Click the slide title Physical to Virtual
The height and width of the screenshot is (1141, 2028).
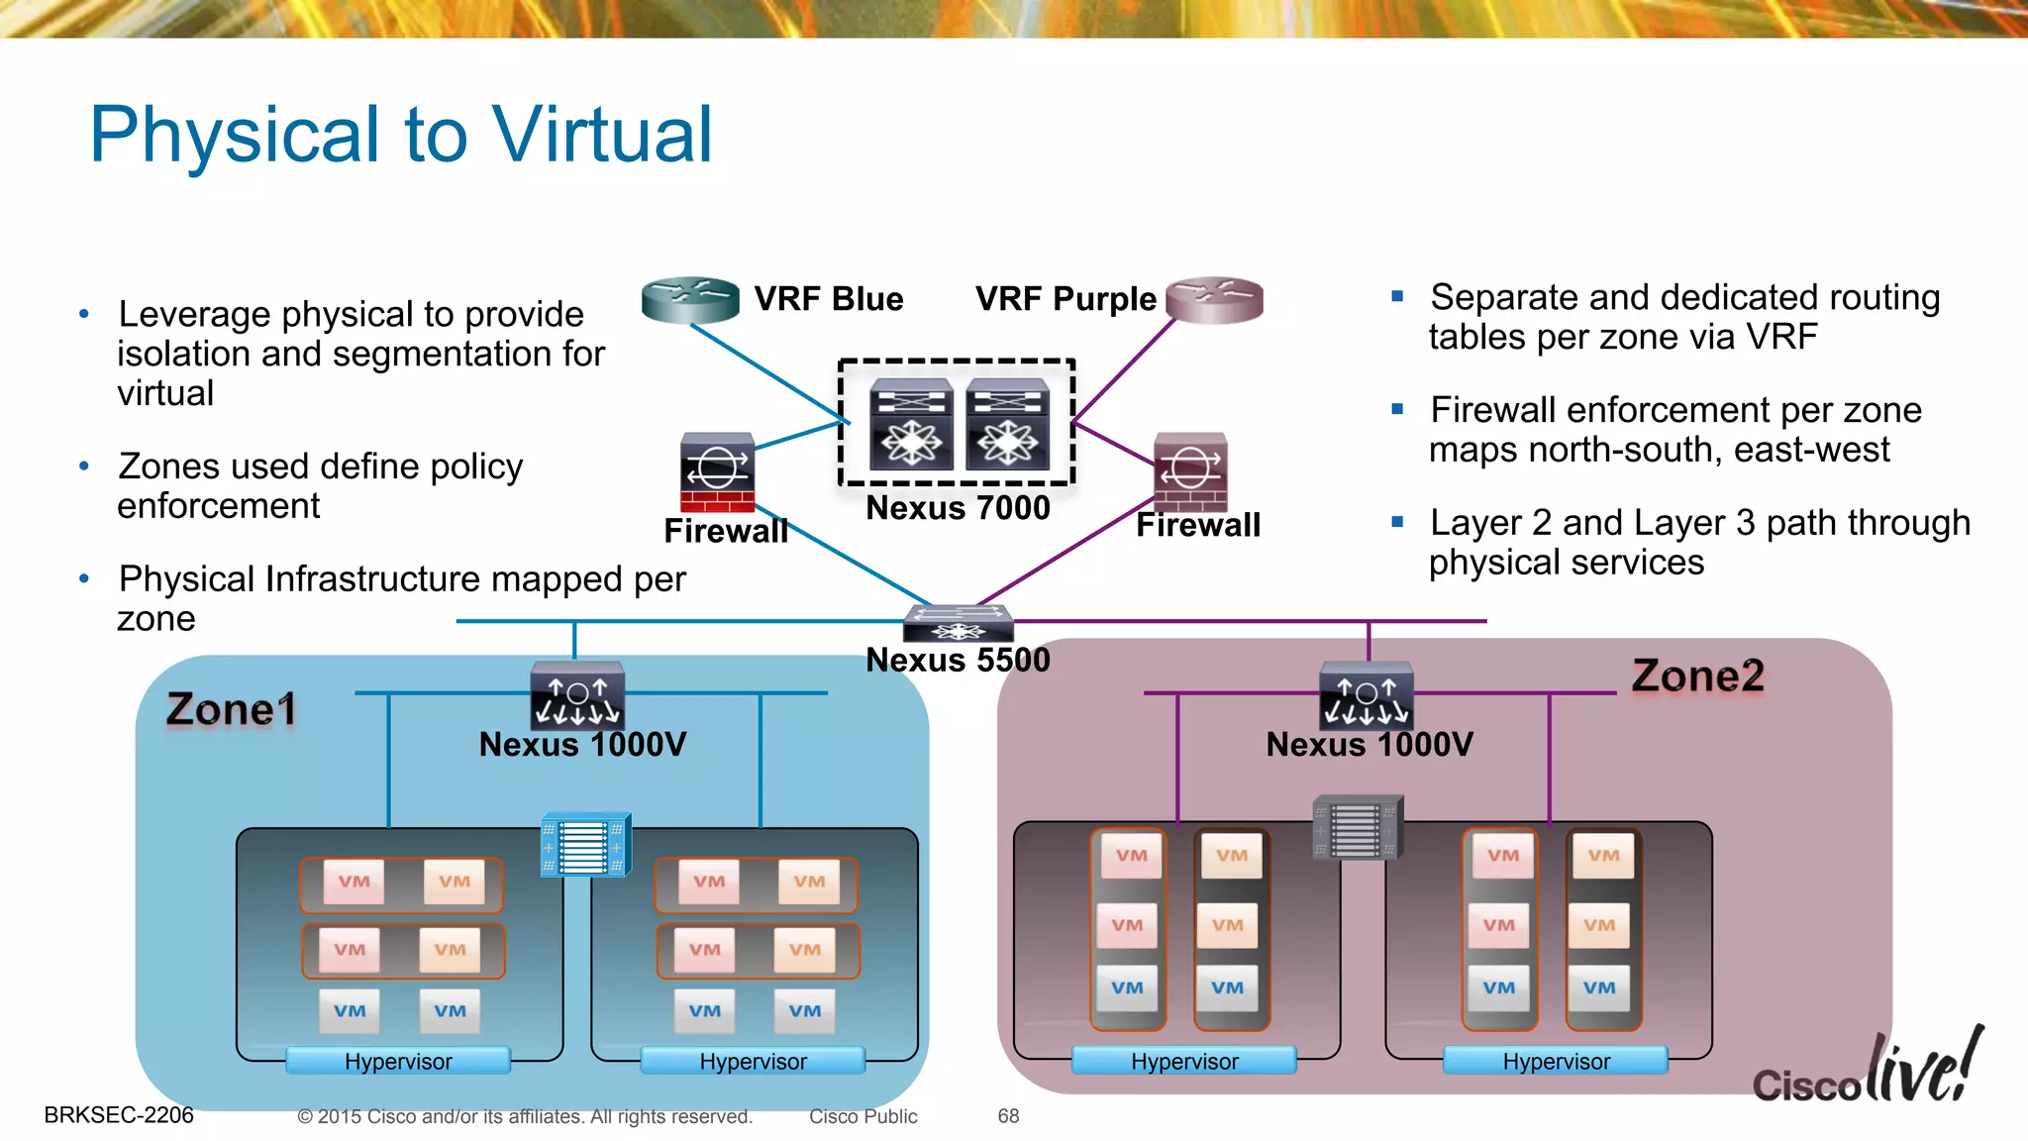click(401, 135)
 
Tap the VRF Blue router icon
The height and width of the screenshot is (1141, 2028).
click(690, 300)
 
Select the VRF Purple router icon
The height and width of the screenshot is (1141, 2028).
click(1215, 300)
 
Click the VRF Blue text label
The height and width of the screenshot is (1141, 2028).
click(829, 299)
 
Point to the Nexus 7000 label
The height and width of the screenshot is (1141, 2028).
click(958, 508)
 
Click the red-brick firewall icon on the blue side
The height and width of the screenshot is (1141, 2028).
click(718, 472)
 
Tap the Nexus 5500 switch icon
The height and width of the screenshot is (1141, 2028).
click(959, 623)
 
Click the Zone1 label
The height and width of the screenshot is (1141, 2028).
click(231, 709)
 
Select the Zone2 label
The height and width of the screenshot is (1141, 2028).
click(1697, 676)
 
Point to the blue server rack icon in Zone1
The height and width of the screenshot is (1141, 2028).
click(586, 845)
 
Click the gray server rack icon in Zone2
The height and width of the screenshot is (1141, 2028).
click(1358, 828)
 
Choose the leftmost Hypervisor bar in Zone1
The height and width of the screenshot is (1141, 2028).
click(398, 1061)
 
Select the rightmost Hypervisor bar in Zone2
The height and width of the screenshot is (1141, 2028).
click(1556, 1061)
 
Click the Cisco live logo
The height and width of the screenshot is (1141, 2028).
click(1868, 1071)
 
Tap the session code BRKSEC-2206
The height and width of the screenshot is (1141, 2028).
click(119, 1115)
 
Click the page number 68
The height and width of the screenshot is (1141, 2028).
click(1008, 1116)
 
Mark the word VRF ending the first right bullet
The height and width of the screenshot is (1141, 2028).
click(1781, 338)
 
